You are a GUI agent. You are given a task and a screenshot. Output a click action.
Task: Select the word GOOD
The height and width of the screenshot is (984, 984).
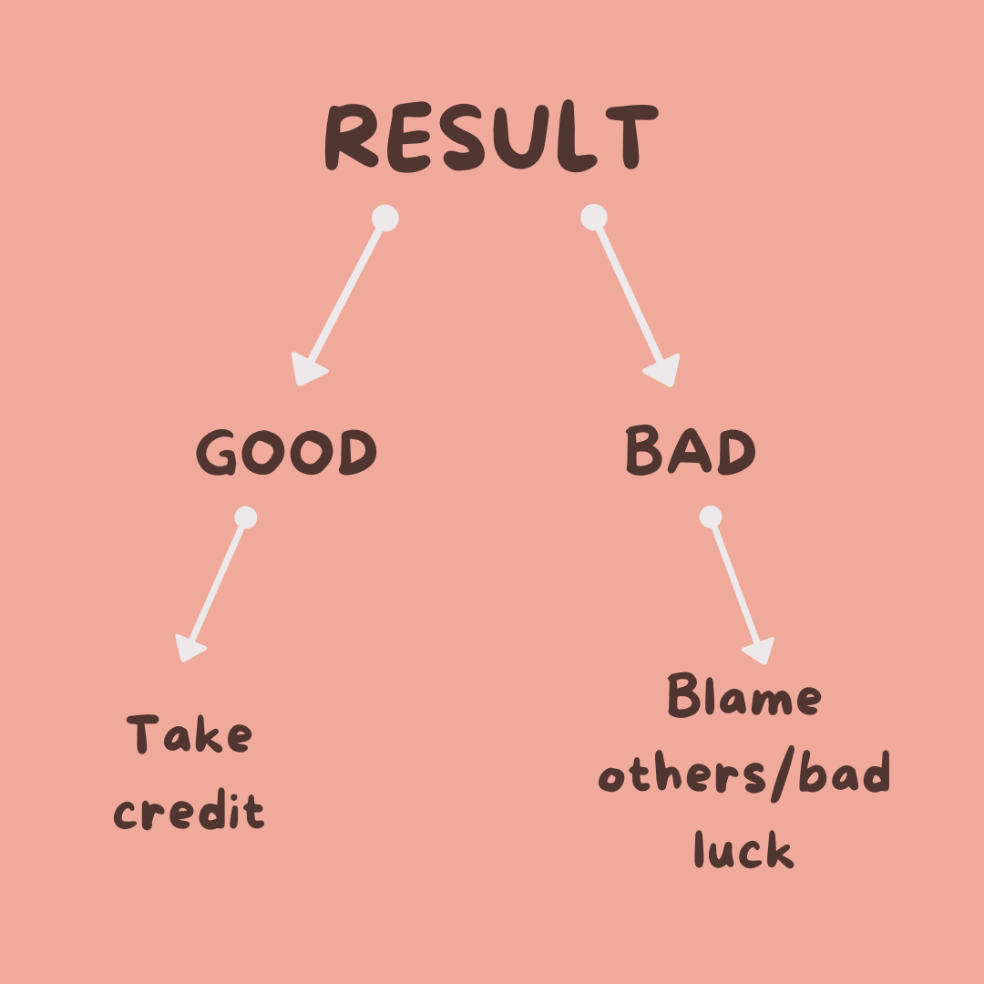286,452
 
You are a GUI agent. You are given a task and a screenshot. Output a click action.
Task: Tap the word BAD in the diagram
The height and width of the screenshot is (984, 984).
691,451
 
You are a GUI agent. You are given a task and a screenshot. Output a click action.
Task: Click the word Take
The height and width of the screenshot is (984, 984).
190,734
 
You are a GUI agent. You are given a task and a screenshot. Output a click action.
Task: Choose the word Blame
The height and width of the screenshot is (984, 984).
743,698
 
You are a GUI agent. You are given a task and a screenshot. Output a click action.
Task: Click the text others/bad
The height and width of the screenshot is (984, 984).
743,775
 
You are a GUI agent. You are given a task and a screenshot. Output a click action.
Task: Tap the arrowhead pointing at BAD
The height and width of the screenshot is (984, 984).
663,371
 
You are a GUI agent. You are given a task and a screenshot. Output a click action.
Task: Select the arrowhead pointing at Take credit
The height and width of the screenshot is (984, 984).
190,646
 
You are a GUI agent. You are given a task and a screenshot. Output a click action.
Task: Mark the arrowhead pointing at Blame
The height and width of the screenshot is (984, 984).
759,650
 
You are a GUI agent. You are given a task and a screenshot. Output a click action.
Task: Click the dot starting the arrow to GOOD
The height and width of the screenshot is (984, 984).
385,219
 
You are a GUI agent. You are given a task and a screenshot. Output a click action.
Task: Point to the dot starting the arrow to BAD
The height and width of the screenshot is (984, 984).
594,217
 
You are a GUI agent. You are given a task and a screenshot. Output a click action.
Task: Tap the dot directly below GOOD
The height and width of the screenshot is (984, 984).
245,518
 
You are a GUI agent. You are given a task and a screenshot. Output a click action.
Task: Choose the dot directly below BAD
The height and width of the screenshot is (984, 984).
711,518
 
